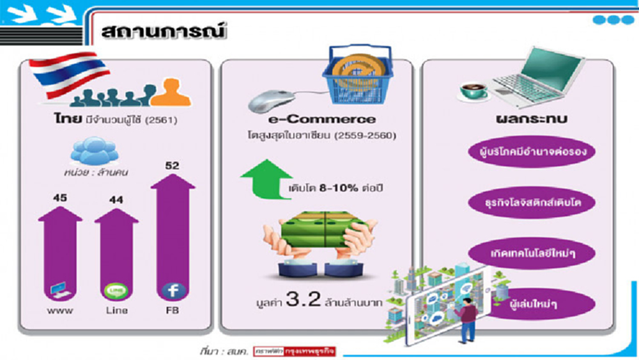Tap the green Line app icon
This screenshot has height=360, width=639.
116,290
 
